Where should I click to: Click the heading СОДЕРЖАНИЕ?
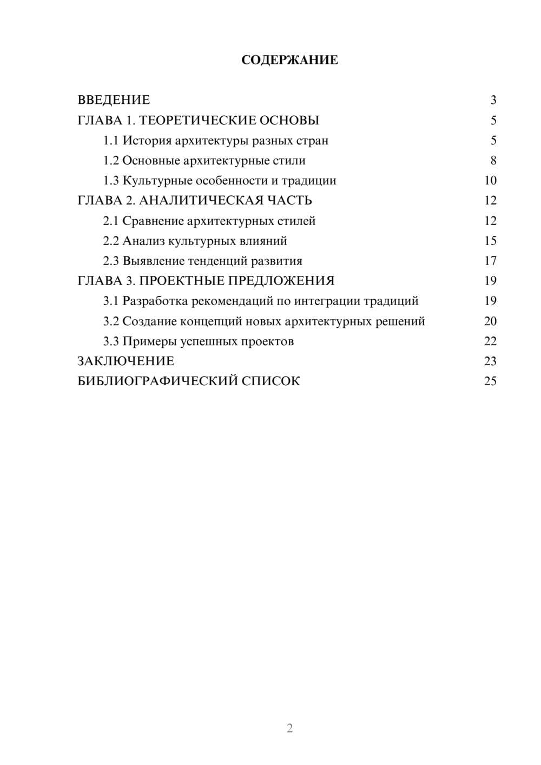click(x=289, y=60)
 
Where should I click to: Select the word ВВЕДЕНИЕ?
click(x=114, y=100)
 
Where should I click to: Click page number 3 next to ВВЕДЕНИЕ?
click(x=493, y=100)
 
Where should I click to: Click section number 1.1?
click(x=110, y=141)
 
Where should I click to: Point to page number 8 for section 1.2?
click(x=493, y=161)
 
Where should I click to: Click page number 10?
click(x=490, y=181)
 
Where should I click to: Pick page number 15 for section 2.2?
click(x=490, y=241)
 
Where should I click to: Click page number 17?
click(x=490, y=261)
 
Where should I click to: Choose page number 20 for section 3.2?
click(x=490, y=321)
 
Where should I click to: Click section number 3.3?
click(x=110, y=341)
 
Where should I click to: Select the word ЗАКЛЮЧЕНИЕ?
click(x=126, y=361)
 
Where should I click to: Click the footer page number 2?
click(x=289, y=728)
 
